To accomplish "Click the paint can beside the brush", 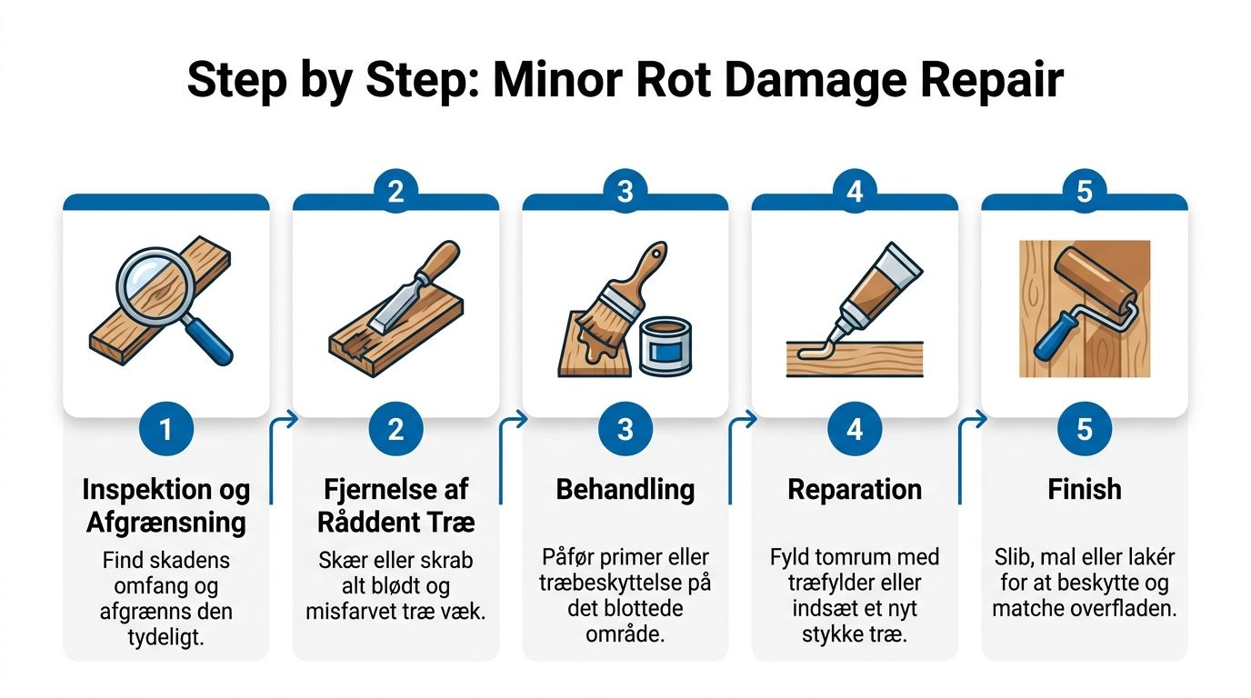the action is [666, 347].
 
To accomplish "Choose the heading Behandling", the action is [625, 490].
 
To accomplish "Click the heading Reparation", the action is [855, 490].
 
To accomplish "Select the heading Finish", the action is [1085, 489].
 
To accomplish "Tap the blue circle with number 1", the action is [166, 429].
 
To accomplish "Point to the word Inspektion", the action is [149, 490].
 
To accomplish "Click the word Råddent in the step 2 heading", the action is [363, 522].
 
